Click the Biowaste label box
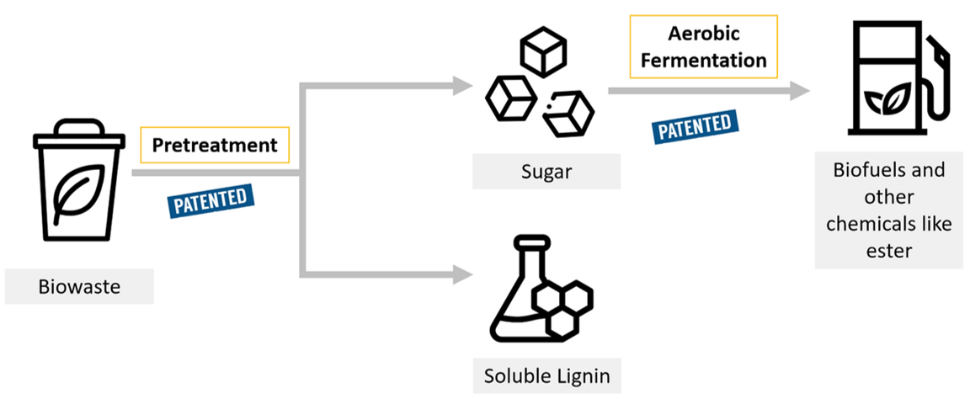click(x=79, y=286)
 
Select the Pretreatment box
click(x=214, y=145)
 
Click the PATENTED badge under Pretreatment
click(x=211, y=199)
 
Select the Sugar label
click(x=546, y=172)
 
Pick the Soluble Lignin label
click(x=546, y=375)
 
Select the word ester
click(x=887, y=251)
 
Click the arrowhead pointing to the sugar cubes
click(x=461, y=84)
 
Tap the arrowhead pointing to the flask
click(x=461, y=274)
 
